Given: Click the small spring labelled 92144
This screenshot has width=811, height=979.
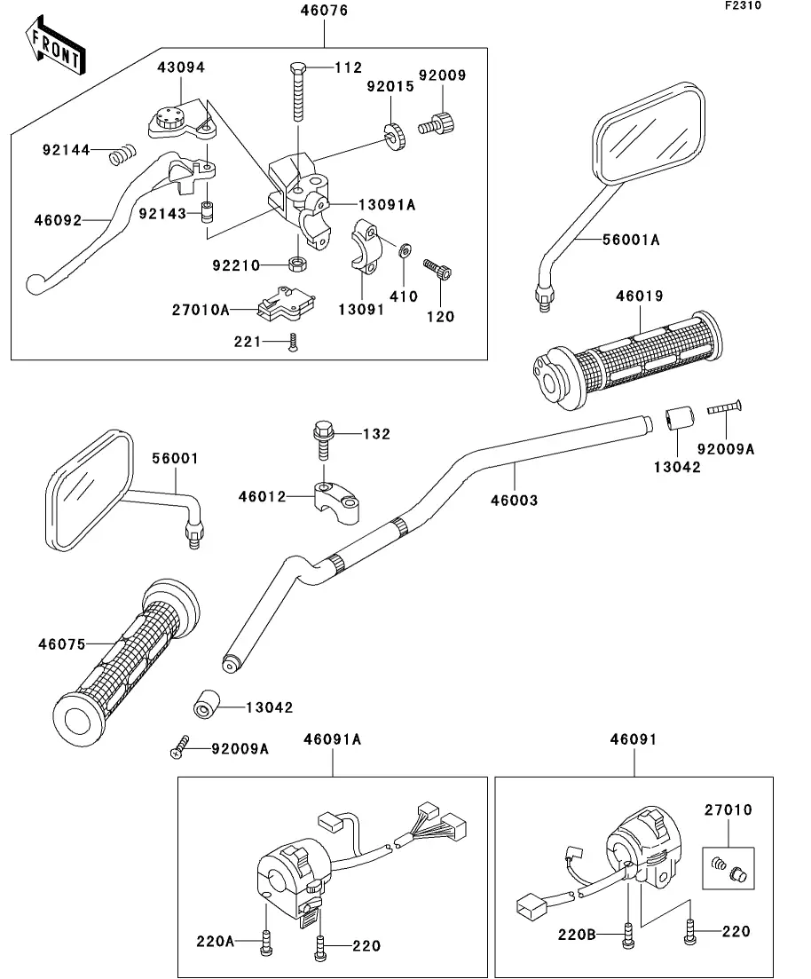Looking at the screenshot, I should tap(119, 156).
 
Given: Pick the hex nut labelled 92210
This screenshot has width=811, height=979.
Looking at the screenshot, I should tap(298, 264).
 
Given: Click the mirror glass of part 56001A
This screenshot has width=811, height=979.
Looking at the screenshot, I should tap(650, 136).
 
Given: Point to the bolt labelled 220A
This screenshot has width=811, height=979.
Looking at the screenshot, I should tap(265, 943).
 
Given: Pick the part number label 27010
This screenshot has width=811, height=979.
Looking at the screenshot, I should tap(728, 810).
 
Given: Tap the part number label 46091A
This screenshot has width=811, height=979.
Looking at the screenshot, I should tap(332, 738).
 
